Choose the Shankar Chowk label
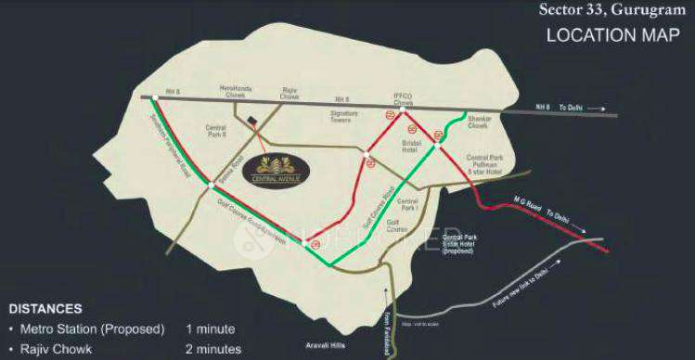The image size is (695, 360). pyautogui.click(x=482, y=123)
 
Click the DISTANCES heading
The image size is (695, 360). pyautogui.click(x=45, y=308)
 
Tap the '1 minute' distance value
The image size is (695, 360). pyautogui.click(x=211, y=329)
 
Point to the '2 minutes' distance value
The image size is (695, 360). pyautogui.click(x=213, y=350)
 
